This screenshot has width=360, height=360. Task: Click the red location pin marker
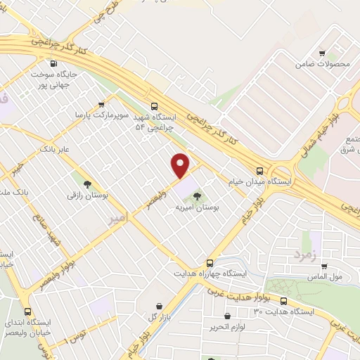(x=181, y=165)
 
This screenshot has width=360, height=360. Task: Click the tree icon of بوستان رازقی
(x=87, y=184)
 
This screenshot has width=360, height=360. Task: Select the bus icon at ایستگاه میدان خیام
(x=260, y=170)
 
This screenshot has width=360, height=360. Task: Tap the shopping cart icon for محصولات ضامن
(x=322, y=53)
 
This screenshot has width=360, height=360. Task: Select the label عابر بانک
(x=56, y=149)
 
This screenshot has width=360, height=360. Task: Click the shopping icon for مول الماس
(x=324, y=266)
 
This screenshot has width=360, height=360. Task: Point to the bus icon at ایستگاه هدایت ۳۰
(x=283, y=301)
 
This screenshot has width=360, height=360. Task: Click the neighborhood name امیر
(x=120, y=219)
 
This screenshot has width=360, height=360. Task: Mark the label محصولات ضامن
(x=323, y=64)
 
